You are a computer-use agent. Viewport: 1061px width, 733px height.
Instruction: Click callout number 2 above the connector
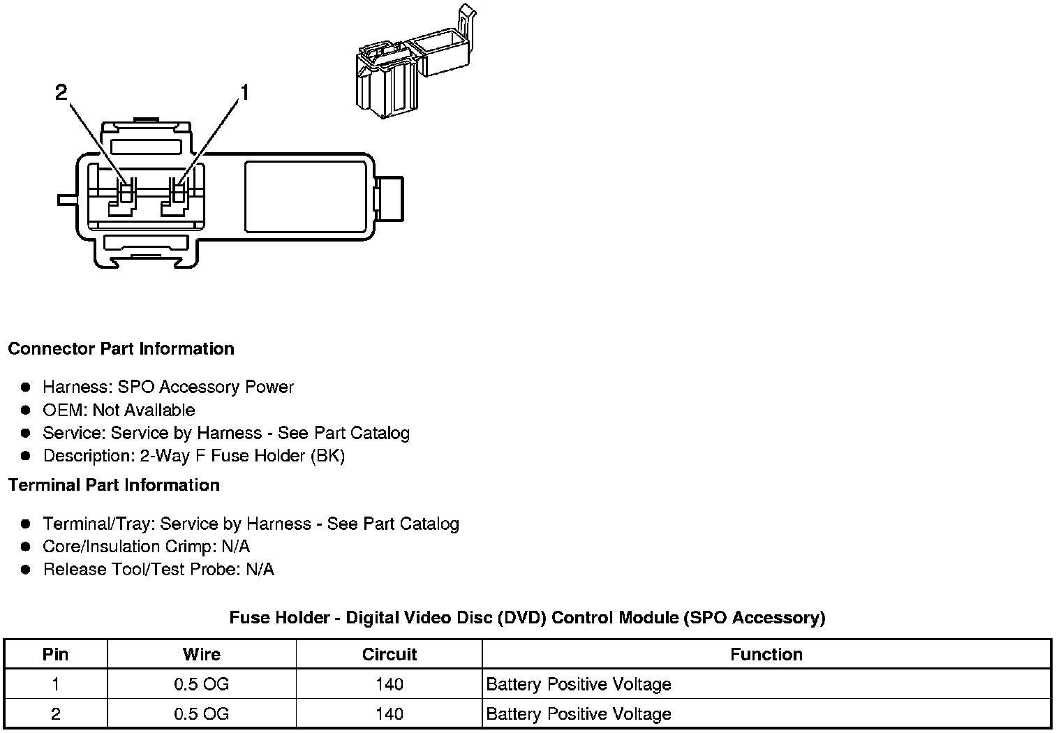(61, 92)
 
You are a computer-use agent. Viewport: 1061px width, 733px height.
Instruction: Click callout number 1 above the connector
(244, 92)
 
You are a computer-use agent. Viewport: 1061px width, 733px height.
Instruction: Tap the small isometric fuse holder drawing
(415, 61)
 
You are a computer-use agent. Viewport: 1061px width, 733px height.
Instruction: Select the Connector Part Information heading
(121, 349)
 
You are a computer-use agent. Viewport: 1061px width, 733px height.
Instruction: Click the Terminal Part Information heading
(114, 485)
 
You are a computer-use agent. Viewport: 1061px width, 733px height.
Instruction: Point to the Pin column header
(55, 654)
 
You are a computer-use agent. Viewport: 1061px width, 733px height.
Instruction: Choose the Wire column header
(202, 654)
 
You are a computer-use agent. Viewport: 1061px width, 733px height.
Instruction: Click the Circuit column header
(389, 654)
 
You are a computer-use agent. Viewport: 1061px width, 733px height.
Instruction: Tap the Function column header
(766, 654)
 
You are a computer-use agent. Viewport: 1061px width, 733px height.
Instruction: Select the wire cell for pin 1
(201, 684)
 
